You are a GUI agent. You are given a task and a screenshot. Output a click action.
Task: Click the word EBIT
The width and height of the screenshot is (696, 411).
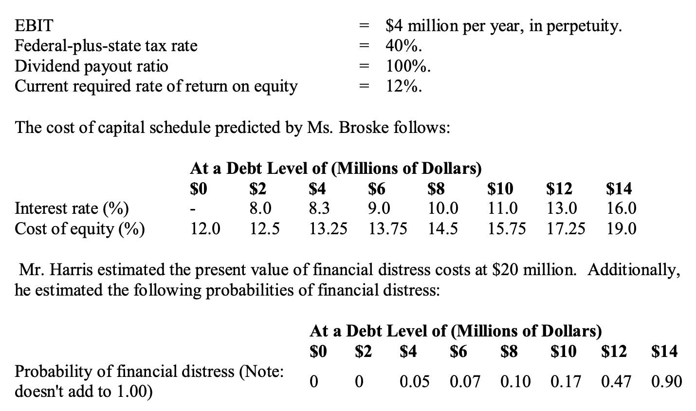[x=34, y=25]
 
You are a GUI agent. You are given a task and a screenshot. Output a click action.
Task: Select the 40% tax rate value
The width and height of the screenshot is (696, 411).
[x=403, y=46]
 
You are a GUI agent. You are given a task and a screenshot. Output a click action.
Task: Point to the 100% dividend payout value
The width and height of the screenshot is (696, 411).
[x=408, y=66]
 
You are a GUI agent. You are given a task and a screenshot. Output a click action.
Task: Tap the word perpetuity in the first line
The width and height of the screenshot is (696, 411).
[x=584, y=26]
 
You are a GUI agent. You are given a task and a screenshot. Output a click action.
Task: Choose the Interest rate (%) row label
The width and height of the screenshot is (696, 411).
[x=72, y=208]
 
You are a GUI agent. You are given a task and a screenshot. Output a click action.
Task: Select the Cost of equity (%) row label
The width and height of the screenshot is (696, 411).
[x=80, y=228]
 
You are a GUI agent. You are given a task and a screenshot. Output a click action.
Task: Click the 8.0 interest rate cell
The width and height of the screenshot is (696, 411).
[x=260, y=208]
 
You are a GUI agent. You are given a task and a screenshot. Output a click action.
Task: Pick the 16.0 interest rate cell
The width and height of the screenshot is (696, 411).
[x=621, y=208]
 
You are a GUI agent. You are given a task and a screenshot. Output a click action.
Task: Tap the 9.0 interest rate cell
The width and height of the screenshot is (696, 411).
[x=379, y=208]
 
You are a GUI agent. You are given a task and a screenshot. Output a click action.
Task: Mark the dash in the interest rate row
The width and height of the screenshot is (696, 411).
[x=193, y=209]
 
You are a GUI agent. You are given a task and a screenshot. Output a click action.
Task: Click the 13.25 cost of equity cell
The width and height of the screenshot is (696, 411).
[x=329, y=228]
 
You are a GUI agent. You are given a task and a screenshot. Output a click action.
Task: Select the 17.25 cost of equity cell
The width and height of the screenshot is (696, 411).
[x=566, y=228]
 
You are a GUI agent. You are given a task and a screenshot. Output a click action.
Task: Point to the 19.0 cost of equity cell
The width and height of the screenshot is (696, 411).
[x=621, y=228]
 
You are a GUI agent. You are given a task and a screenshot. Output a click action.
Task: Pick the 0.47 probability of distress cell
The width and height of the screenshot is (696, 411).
[x=616, y=381]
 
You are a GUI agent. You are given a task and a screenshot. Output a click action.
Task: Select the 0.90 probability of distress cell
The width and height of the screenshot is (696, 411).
[x=666, y=381]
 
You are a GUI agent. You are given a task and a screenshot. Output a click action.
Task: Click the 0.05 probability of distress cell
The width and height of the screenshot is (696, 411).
[x=414, y=381]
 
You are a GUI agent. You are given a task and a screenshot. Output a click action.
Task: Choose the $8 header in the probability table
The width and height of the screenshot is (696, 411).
[x=509, y=351]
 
